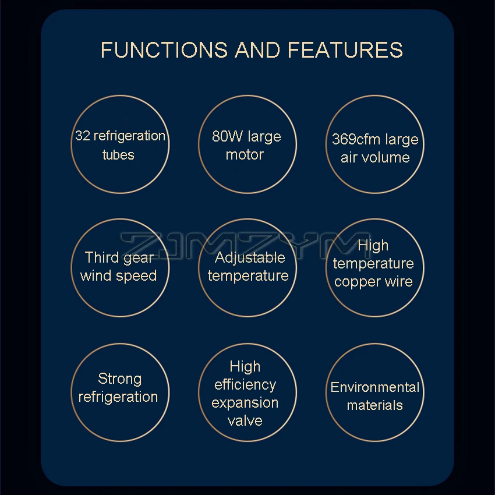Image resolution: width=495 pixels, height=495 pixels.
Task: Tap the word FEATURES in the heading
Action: tap(345, 49)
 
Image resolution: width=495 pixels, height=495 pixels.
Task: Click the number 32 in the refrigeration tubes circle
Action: tap(82, 136)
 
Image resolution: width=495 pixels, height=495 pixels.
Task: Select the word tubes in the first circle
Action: tap(118, 155)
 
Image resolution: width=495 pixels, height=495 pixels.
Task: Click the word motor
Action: tap(245, 155)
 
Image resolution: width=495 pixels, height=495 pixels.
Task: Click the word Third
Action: tap(101, 257)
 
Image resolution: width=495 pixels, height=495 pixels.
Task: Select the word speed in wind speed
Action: tap(139, 276)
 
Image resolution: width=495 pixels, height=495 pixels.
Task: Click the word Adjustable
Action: tap(250, 257)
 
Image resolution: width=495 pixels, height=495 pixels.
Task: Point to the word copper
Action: tap(356, 282)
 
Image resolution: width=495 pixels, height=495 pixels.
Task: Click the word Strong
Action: tap(119, 379)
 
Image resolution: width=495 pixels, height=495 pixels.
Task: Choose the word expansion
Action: tap(245, 403)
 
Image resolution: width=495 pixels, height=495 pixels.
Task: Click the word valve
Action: tap(245, 421)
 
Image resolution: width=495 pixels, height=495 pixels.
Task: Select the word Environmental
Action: tap(374, 387)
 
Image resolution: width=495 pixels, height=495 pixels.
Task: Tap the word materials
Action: tap(374, 405)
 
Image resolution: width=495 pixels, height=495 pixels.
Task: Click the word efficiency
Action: tap(245, 385)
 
